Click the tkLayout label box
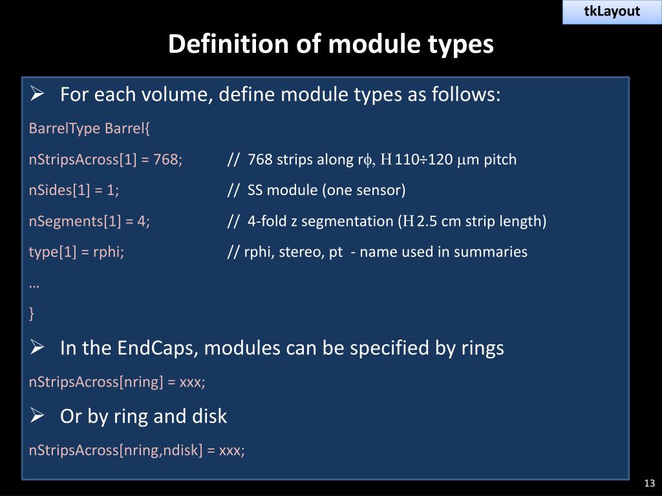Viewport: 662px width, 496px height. (612, 12)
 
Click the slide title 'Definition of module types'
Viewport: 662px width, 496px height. (331, 45)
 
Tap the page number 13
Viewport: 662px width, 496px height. (650, 484)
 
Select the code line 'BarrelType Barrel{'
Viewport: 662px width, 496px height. (89, 129)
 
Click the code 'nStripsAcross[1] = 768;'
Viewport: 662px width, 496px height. (105, 160)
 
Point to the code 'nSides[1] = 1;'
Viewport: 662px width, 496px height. (74, 191)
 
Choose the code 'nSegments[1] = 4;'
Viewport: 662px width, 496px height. (89, 222)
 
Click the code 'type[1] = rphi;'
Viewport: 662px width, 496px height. (76, 252)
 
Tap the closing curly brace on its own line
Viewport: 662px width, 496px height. (32, 314)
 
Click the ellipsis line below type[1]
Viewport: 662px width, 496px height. (34, 283)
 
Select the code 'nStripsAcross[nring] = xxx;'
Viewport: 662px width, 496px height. (117, 382)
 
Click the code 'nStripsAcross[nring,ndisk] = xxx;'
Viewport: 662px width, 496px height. (136, 450)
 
